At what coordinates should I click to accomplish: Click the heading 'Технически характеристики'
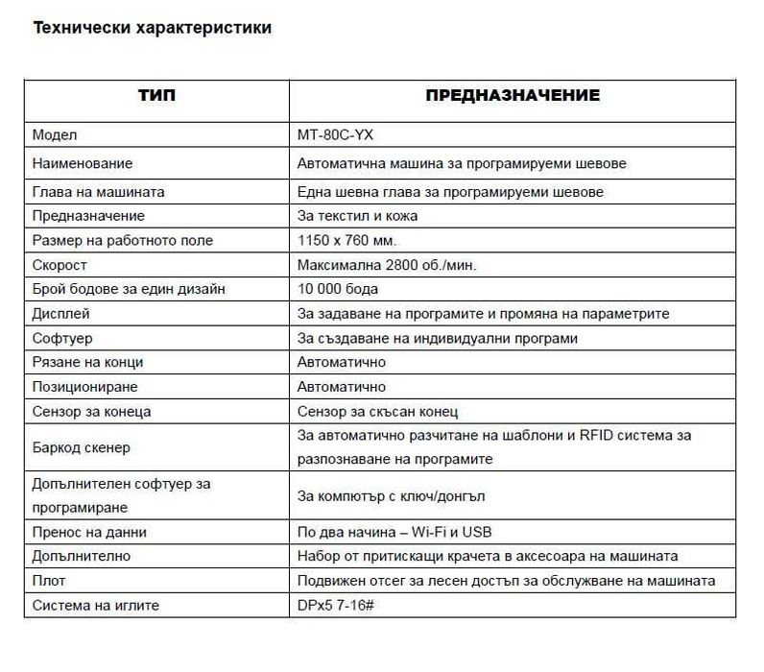pos(152,28)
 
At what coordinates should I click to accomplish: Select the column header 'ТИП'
pos(157,96)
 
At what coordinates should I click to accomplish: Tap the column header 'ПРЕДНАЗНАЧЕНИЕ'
pos(513,96)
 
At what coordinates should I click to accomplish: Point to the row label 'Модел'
pos(54,135)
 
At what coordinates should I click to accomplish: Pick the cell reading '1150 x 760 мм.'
pos(346,240)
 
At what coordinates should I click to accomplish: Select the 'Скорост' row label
pos(60,265)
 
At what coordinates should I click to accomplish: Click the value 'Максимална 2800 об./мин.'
pos(387,265)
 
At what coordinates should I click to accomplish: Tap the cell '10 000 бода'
pos(338,289)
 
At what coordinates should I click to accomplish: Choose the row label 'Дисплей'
pos(60,313)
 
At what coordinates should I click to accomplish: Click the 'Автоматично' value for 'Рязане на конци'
pos(342,362)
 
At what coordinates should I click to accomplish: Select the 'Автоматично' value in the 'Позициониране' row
pos(342,387)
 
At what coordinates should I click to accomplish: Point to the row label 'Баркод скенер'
pos(81,447)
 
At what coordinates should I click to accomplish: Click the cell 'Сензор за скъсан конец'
pos(377,412)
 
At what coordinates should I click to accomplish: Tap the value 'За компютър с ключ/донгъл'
pos(391,496)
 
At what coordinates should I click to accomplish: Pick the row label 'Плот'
pos(49,581)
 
